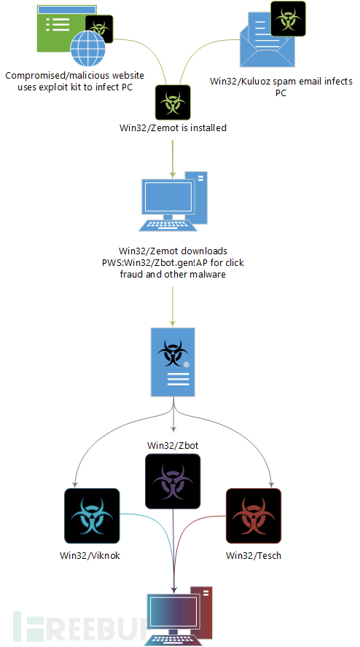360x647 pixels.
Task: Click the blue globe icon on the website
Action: click(88, 50)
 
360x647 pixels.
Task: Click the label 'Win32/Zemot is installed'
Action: click(173, 128)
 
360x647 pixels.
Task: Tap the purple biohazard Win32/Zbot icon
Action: click(173, 481)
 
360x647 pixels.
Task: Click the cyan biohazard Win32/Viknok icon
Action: click(92, 516)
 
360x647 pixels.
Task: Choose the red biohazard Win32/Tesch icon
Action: click(254, 516)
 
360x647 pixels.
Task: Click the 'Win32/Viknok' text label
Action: click(92, 555)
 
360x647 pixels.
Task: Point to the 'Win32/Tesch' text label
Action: click(254, 555)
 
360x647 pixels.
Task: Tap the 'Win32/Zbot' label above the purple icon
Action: click(173, 446)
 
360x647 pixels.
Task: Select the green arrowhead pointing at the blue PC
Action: click(173, 173)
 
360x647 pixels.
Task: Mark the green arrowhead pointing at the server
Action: click(173, 323)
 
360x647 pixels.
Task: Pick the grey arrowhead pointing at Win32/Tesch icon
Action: click(271, 482)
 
